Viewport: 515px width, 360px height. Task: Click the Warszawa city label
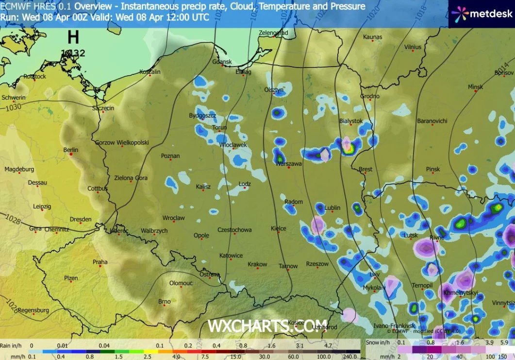click(289, 164)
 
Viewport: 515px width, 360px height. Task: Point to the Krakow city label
click(257, 264)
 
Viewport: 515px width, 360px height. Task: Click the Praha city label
click(100, 262)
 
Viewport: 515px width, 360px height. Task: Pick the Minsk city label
click(475, 87)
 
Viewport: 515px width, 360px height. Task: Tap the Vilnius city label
click(413, 47)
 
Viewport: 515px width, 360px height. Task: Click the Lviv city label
click(374, 274)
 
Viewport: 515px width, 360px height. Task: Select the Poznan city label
click(170, 156)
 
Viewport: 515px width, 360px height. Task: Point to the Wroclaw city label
click(173, 218)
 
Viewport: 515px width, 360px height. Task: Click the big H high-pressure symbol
click(73, 37)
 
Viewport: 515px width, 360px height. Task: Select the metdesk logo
click(481, 14)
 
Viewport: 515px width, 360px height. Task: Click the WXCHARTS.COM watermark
click(267, 325)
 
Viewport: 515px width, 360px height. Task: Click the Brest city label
click(365, 170)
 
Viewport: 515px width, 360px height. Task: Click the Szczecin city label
click(103, 108)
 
